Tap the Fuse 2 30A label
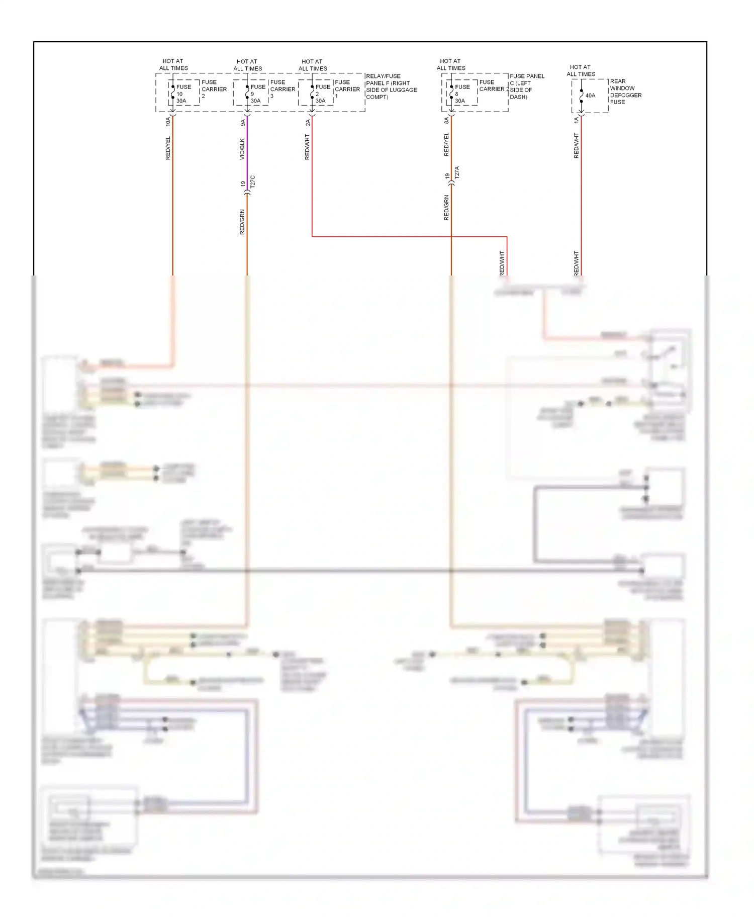(x=322, y=94)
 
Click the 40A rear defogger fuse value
(x=590, y=96)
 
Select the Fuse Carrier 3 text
(x=282, y=89)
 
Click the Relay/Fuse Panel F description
(x=391, y=86)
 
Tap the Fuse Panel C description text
(x=526, y=86)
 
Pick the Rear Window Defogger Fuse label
(x=625, y=91)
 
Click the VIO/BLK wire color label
(x=242, y=149)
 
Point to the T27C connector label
(x=253, y=181)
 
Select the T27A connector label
(x=457, y=173)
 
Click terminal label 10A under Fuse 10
(x=168, y=121)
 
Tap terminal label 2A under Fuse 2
(x=308, y=122)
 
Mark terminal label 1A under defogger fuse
(x=577, y=121)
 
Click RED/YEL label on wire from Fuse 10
(x=168, y=148)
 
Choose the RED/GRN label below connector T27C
(x=242, y=222)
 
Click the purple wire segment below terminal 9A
(x=247, y=151)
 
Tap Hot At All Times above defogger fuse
(x=581, y=70)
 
